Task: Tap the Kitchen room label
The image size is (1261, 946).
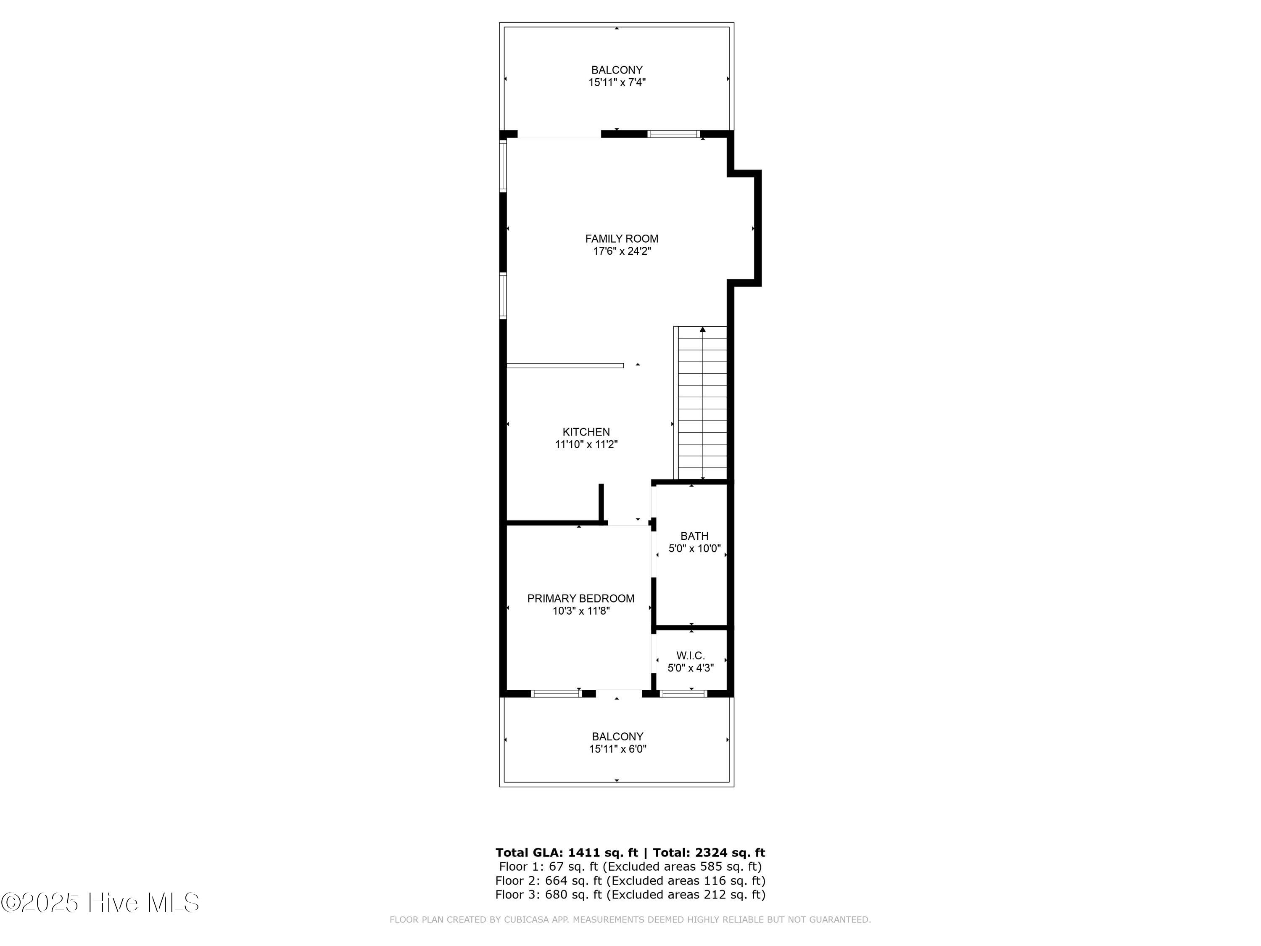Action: coord(586,432)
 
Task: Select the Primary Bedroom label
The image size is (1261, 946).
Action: coord(580,598)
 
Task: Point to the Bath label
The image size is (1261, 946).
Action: coord(694,536)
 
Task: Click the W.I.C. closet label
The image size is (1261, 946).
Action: coord(690,656)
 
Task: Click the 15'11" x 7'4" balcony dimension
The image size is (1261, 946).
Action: coord(617,82)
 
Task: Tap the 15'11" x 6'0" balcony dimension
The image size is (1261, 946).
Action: coord(617,749)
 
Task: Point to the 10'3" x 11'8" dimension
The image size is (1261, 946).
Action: coord(581,611)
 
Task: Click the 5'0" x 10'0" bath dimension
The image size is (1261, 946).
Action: coord(694,549)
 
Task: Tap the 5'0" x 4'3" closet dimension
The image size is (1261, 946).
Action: coord(690,668)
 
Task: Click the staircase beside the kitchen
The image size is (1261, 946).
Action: coord(701,403)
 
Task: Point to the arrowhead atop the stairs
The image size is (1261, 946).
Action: coord(703,329)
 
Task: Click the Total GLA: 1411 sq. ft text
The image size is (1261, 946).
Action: coord(567,853)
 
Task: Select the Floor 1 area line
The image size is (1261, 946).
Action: coord(630,867)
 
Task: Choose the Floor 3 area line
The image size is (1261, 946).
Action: coord(630,895)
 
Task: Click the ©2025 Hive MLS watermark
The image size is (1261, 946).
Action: coord(100,903)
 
